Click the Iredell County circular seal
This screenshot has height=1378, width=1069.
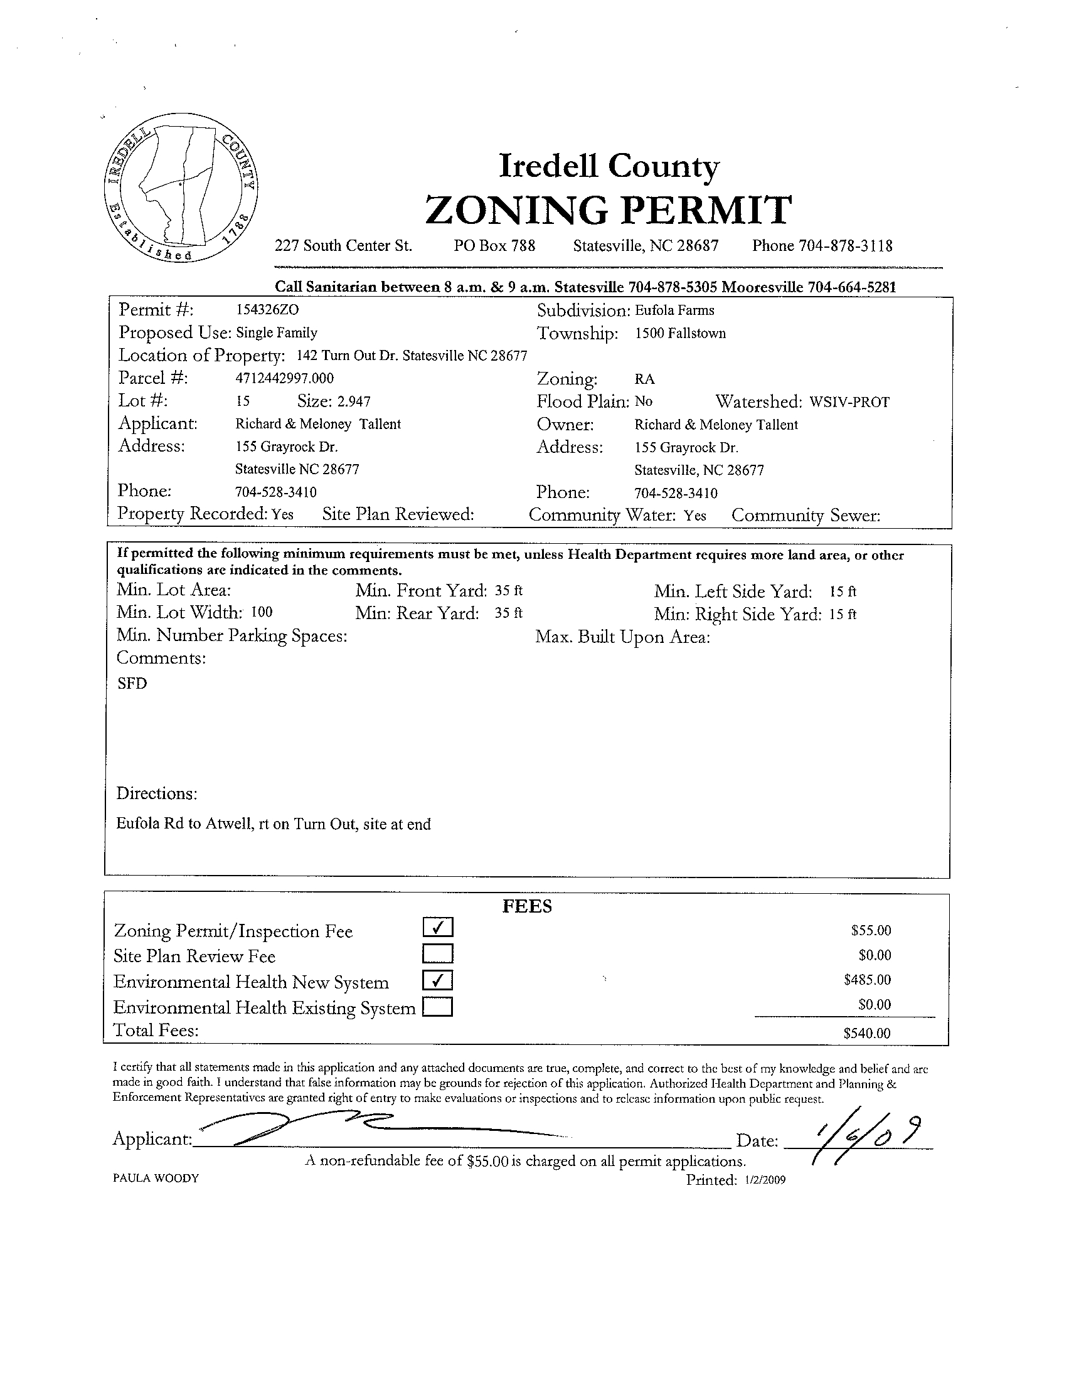tap(181, 188)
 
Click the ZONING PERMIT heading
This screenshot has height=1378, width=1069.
tap(609, 210)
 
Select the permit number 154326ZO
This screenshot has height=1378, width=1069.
tap(262, 310)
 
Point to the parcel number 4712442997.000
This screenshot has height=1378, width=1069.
tap(285, 378)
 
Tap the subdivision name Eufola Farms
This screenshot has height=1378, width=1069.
tap(674, 310)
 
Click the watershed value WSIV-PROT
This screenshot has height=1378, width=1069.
tap(849, 402)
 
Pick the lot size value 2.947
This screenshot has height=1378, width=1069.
tap(354, 401)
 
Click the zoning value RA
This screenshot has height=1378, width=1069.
tap(645, 379)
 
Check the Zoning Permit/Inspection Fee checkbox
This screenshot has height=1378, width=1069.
tap(438, 927)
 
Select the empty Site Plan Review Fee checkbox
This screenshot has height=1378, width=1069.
tap(438, 953)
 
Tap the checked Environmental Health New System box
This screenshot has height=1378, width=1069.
tap(438, 980)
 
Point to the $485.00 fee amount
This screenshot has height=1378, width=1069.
tap(867, 980)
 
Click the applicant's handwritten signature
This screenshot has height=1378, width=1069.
tap(328, 1126)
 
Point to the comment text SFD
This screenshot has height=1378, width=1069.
tap(132, 684)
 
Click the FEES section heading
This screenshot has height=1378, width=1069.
tap(527, 907)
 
